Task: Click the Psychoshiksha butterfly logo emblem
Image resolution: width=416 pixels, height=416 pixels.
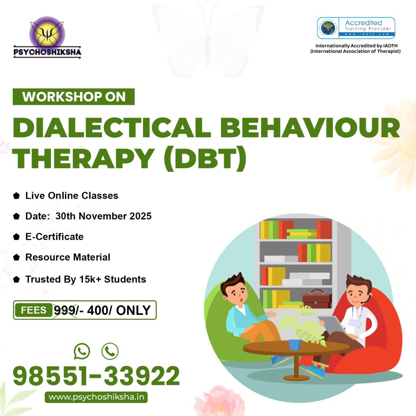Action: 47,34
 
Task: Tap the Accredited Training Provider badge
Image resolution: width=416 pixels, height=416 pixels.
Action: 356,28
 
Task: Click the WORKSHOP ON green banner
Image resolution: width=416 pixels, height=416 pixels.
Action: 74,97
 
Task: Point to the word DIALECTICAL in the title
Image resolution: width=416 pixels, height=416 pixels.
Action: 112,128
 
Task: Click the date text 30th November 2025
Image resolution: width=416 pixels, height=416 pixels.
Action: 104,216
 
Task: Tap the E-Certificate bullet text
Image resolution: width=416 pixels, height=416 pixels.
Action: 54,237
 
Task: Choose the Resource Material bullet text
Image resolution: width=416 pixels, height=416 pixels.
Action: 68,257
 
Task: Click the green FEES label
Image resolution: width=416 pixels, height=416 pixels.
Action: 33,310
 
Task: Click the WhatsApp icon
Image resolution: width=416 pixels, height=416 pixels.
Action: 82,351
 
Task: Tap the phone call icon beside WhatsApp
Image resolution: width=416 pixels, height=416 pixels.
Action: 110,351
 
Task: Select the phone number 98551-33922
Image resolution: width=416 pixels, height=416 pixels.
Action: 96,376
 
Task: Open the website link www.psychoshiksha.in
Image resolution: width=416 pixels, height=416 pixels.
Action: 96,397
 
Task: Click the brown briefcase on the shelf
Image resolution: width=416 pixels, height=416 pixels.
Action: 317,299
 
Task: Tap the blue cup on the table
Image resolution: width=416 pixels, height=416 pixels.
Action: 295,344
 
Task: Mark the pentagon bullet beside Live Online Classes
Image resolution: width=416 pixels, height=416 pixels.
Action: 16,196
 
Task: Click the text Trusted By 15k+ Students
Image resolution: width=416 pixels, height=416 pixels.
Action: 86,279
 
